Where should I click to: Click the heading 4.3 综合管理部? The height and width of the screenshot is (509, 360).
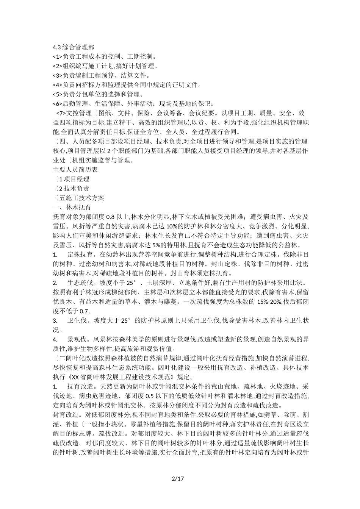pyautogui.click(x=74, y=47)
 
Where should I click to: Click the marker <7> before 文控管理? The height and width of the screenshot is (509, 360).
pyautogui.click(x=61, y=113)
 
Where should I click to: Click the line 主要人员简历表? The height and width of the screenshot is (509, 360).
pyautogui.click(x=75, y=170)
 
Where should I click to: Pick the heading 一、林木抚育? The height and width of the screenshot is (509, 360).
pyautogui.click(x=72, y=208)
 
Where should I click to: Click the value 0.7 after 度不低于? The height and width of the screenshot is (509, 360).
pyautogui.click(x=84, y=311)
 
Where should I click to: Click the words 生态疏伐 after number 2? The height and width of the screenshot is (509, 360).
pyautogui.click(x=80, y=283)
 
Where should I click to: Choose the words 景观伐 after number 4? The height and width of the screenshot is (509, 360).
pyautogui.click(x=77, y=339)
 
